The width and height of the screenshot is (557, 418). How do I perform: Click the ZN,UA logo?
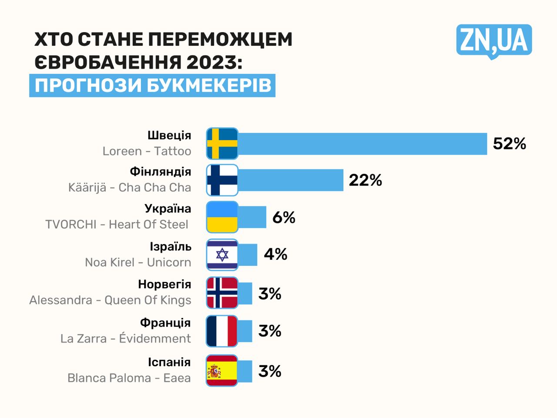[x=494, y=41]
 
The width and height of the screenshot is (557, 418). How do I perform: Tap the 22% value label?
[x=366, y=180]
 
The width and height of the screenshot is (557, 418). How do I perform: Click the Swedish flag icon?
[x=222, y=144]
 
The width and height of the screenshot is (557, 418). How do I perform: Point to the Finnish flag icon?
[x=222, y=180]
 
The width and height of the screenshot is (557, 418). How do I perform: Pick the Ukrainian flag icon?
[x=222, y=217]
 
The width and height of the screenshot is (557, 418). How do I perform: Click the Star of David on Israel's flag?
[x=222, y=254]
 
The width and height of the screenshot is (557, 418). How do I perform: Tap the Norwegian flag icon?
[x=222, y=293]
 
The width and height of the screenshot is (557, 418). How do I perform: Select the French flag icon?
[x=222, y=331]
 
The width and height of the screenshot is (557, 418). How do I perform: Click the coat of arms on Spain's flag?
[x=215, y=371]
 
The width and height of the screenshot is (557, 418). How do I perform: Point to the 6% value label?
[x=284, y=217]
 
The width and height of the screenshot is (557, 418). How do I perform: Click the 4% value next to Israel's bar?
[x=275, y=254]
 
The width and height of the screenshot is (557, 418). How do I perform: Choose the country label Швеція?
[x=169, y=135]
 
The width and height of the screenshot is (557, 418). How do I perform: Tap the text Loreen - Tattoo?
[x=147, y=151]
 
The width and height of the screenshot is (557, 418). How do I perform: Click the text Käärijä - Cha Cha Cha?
[x=130, y=187]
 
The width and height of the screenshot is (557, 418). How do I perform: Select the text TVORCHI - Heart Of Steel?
[x=117, y=224]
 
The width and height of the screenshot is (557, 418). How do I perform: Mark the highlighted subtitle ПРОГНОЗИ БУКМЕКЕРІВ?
[x=153, y=85]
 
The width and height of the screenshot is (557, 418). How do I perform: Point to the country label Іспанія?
[x=169, y=362]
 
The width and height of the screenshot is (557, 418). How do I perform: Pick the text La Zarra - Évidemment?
[x=126, y=339]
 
